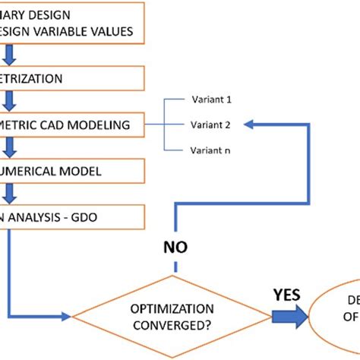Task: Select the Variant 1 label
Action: tap(210, 99)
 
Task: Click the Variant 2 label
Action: tap(210, 124)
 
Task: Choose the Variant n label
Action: tap(210, 150)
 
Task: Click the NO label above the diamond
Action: tap(176, 247)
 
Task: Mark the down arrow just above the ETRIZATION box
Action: tap(10, 55)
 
